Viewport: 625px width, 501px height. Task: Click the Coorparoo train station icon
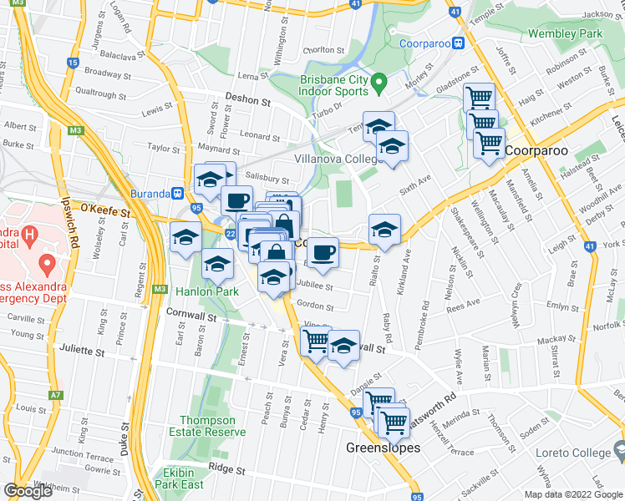click(x=459, y=43)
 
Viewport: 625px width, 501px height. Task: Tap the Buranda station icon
click(x=177, y=193)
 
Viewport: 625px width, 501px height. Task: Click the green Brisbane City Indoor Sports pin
click(x=379, y=83)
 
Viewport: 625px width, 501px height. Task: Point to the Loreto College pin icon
click(x=620, y=452)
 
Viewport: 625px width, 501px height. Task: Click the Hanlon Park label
click(x=207, y=291)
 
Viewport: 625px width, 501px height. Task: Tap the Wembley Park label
click(x=566, y=34)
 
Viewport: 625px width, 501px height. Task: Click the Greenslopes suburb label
click(x=383, y=448)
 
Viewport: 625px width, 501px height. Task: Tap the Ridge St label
click(x=226, y=468)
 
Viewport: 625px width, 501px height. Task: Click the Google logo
click(x=28, y=491)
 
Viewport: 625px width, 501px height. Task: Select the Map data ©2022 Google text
click(x=574, y=494)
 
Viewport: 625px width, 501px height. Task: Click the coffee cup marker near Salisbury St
click(x=236, y=201)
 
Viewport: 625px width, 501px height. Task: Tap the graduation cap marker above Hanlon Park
click(x=217, y=265)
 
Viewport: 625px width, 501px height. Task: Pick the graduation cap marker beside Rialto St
click(x=384, y=230)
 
